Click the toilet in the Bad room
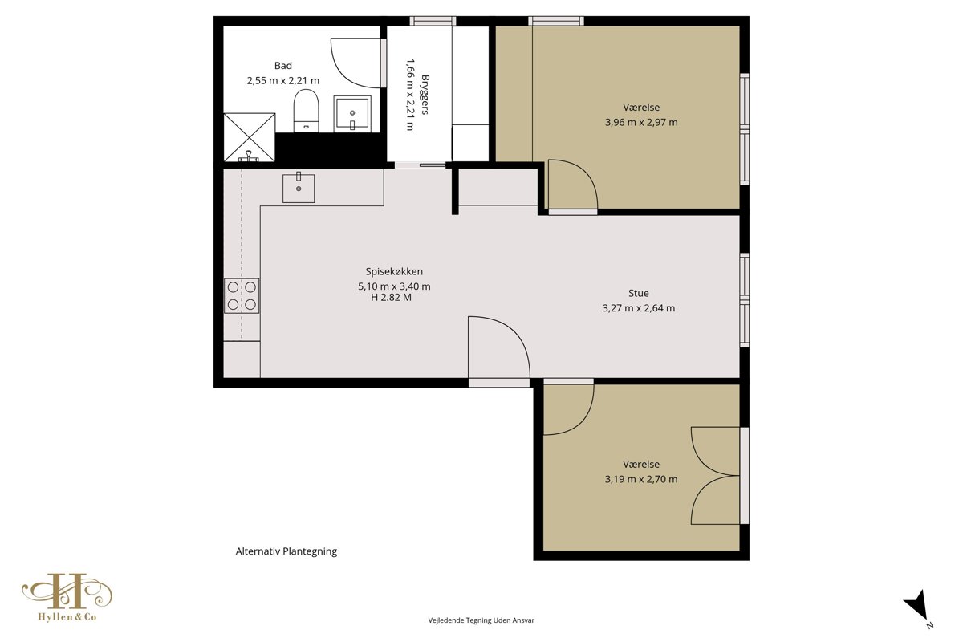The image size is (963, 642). click(306, 111)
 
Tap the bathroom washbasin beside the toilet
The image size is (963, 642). click(352, 113)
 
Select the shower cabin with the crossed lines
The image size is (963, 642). click(250, 137)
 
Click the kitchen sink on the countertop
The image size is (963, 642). click(299, 188)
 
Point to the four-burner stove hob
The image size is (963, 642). click(242, 295)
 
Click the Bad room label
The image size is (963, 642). click(282, 66)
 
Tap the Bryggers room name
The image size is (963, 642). click(425, 95)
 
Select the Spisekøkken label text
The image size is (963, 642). click(394, 272)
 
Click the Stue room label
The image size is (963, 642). click(639, 293)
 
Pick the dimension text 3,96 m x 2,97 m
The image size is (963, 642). click(641, 123)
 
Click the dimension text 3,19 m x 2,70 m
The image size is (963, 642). click(641, 479)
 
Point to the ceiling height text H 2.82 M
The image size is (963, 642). click(392, 298)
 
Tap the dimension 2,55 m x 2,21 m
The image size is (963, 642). click(282, 81)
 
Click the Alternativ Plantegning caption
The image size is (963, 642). click(286, 551)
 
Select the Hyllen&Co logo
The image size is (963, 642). click(67, 597)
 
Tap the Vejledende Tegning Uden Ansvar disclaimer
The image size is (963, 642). click(481, 620)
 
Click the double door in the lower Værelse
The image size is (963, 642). click(715, 476)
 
